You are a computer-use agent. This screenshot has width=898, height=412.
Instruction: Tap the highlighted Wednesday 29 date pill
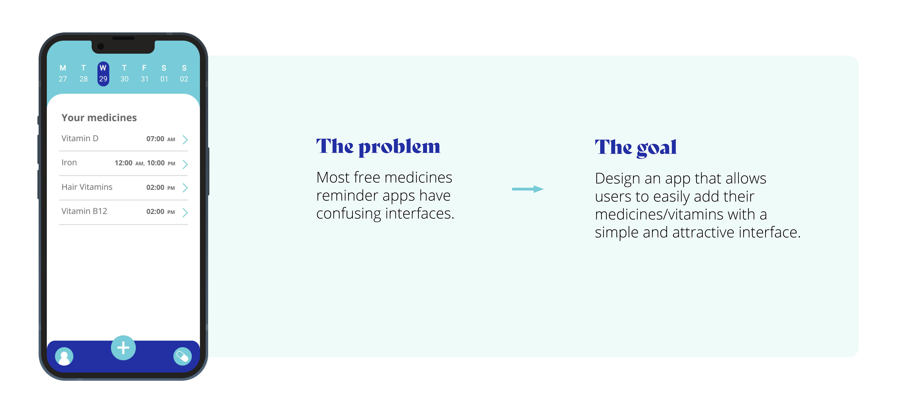click(103, 74)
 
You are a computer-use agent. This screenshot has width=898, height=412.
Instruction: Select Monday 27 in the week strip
click(63, 74)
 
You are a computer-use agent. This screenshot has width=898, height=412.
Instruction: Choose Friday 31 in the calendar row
click(144, 74)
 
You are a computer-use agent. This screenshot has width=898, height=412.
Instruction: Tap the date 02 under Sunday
click(184, 79)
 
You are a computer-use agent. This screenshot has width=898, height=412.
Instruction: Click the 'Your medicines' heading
click(99, 118)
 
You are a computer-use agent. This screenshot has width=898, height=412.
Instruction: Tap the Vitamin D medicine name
click(80, 139)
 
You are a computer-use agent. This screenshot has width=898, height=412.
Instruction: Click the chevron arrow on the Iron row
click(185, 164)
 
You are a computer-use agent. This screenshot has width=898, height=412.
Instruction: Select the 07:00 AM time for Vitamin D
click(161, 139)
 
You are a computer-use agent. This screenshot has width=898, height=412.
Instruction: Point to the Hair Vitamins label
click(87, 187)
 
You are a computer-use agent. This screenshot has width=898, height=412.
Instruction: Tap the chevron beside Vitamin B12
click(185, 213)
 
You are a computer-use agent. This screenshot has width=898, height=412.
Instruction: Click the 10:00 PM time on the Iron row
click(161, 163)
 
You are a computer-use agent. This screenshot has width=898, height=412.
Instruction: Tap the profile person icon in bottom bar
click(64, 357)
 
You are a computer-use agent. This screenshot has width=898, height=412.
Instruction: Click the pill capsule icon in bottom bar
click(182, 357)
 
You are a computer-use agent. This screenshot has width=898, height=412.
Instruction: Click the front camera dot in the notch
click(101, 46)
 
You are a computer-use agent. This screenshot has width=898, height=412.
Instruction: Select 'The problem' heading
click(378, 147)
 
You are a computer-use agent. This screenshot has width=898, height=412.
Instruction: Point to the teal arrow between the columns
click(528, 189)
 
